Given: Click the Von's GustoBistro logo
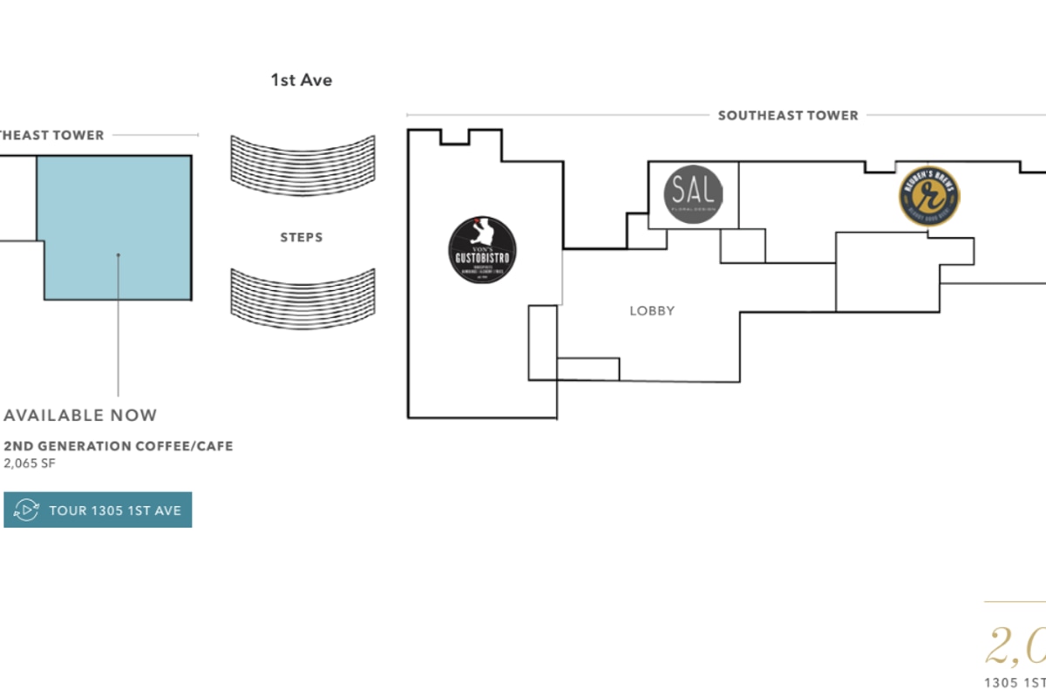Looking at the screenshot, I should [482, 249].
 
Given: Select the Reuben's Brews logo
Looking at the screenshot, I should [929, 196].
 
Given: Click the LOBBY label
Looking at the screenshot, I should [652, 311].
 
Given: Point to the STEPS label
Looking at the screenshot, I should [302, 237].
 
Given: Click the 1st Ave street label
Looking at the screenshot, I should [302, 80].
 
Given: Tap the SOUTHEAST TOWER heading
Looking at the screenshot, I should [788, 115].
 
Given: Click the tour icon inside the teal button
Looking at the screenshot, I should [27, 511].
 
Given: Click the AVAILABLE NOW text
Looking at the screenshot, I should [80, 416].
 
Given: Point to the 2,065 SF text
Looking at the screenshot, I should [30, 464].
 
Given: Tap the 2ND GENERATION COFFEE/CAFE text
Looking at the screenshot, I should [119, 446].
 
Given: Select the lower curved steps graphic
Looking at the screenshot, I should [302, 299].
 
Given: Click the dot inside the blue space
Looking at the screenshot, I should [119, 255].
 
